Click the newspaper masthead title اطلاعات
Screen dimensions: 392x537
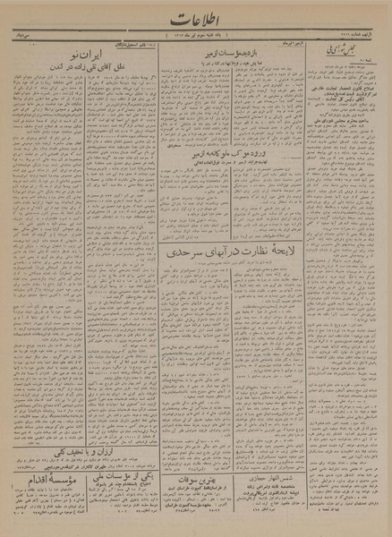coord(195,18)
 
